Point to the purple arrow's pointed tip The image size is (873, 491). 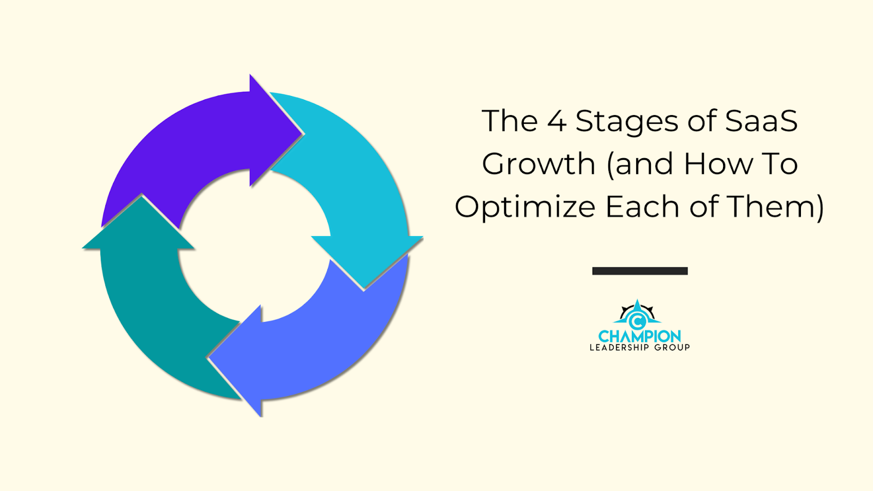302,132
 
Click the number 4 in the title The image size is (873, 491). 557,121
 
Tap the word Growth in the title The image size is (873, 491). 538,164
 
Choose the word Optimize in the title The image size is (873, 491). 524,207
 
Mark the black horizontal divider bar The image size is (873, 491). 639,271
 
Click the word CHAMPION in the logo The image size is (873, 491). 639,336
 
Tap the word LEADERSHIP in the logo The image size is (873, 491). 619,348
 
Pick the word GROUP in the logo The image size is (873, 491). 672,348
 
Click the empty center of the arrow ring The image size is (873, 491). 254,245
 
